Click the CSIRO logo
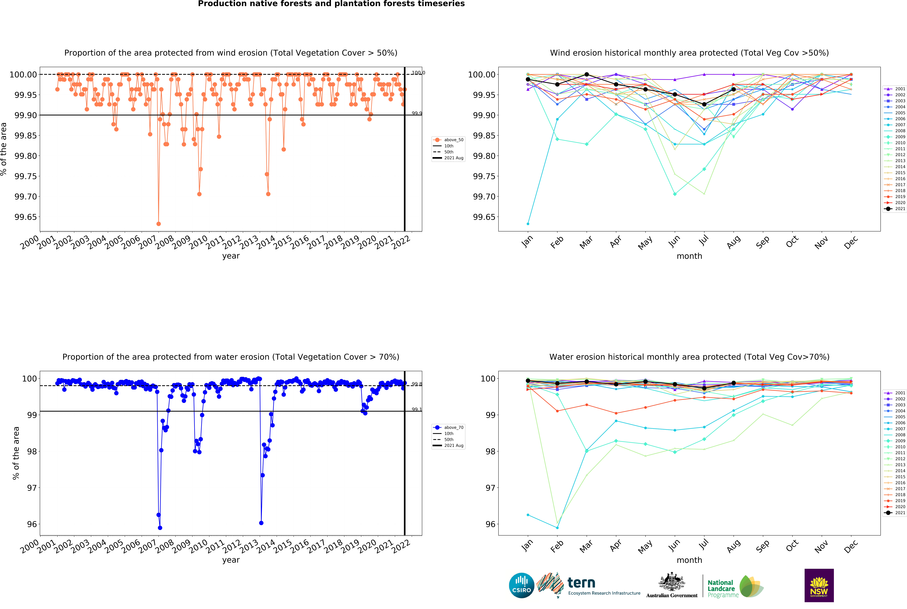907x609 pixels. [521, 585]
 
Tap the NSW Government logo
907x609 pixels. [819, 585]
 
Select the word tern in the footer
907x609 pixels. [581, 583]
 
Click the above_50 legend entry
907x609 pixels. [453, 140]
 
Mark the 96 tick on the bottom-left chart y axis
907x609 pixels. [32, 524]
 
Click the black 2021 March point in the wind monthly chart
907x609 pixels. [587, 75]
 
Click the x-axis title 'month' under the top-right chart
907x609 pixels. [689, 256]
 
